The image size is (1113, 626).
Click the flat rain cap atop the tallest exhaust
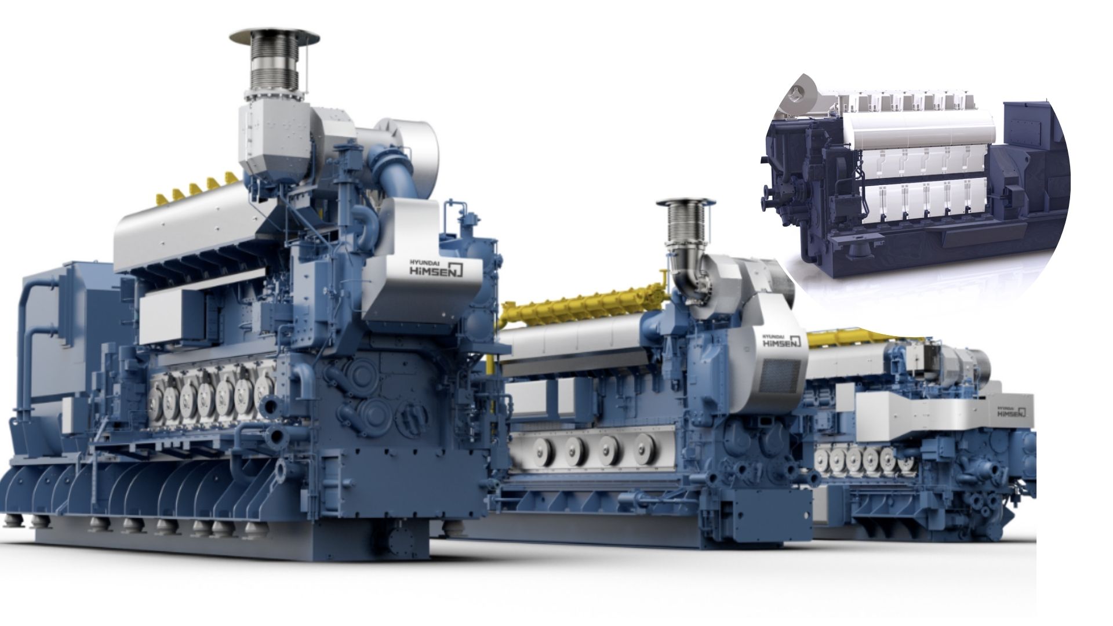click(274, 36)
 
